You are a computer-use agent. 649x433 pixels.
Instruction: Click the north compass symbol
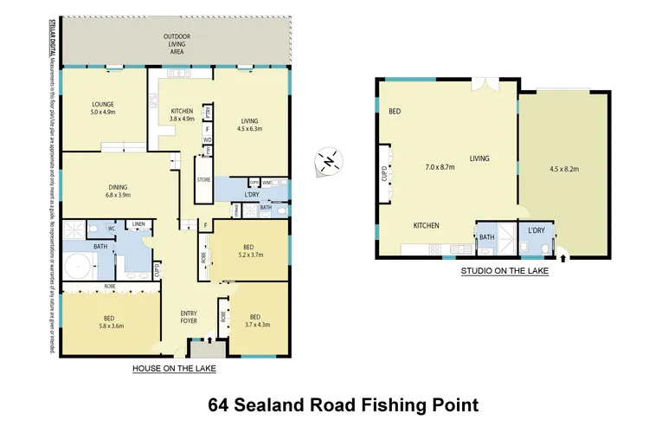(x=329, y=161)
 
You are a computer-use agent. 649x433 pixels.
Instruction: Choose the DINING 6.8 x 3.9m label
(x=119, y=191)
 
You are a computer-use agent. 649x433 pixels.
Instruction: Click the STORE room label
(x=203, y=180)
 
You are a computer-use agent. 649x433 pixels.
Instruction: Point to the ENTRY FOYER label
(x=190, y=318)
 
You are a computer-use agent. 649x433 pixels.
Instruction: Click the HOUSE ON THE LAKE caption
(x=174, y=369)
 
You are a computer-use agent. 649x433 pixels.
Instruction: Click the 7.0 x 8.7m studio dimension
(x=439, y=167)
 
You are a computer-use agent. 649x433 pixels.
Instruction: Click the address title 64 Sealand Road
(x=344, y=404)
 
